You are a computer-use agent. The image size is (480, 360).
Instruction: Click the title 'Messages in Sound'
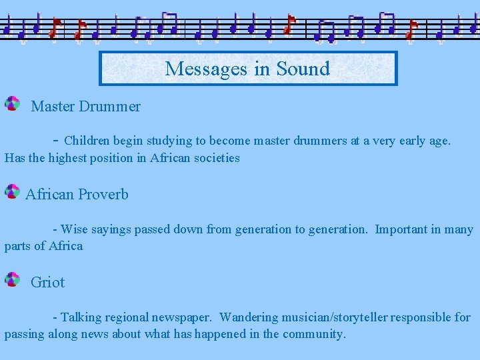247,69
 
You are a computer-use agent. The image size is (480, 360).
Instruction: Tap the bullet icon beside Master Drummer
12,103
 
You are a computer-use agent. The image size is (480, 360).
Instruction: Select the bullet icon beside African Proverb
12,192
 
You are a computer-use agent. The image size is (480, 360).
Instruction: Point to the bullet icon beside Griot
12,279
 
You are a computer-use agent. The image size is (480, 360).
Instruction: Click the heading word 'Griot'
47,282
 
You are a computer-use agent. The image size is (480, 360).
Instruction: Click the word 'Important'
401,229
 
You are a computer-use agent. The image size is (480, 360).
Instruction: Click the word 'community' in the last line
313,334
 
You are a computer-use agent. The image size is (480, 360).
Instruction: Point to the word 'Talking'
81,317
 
